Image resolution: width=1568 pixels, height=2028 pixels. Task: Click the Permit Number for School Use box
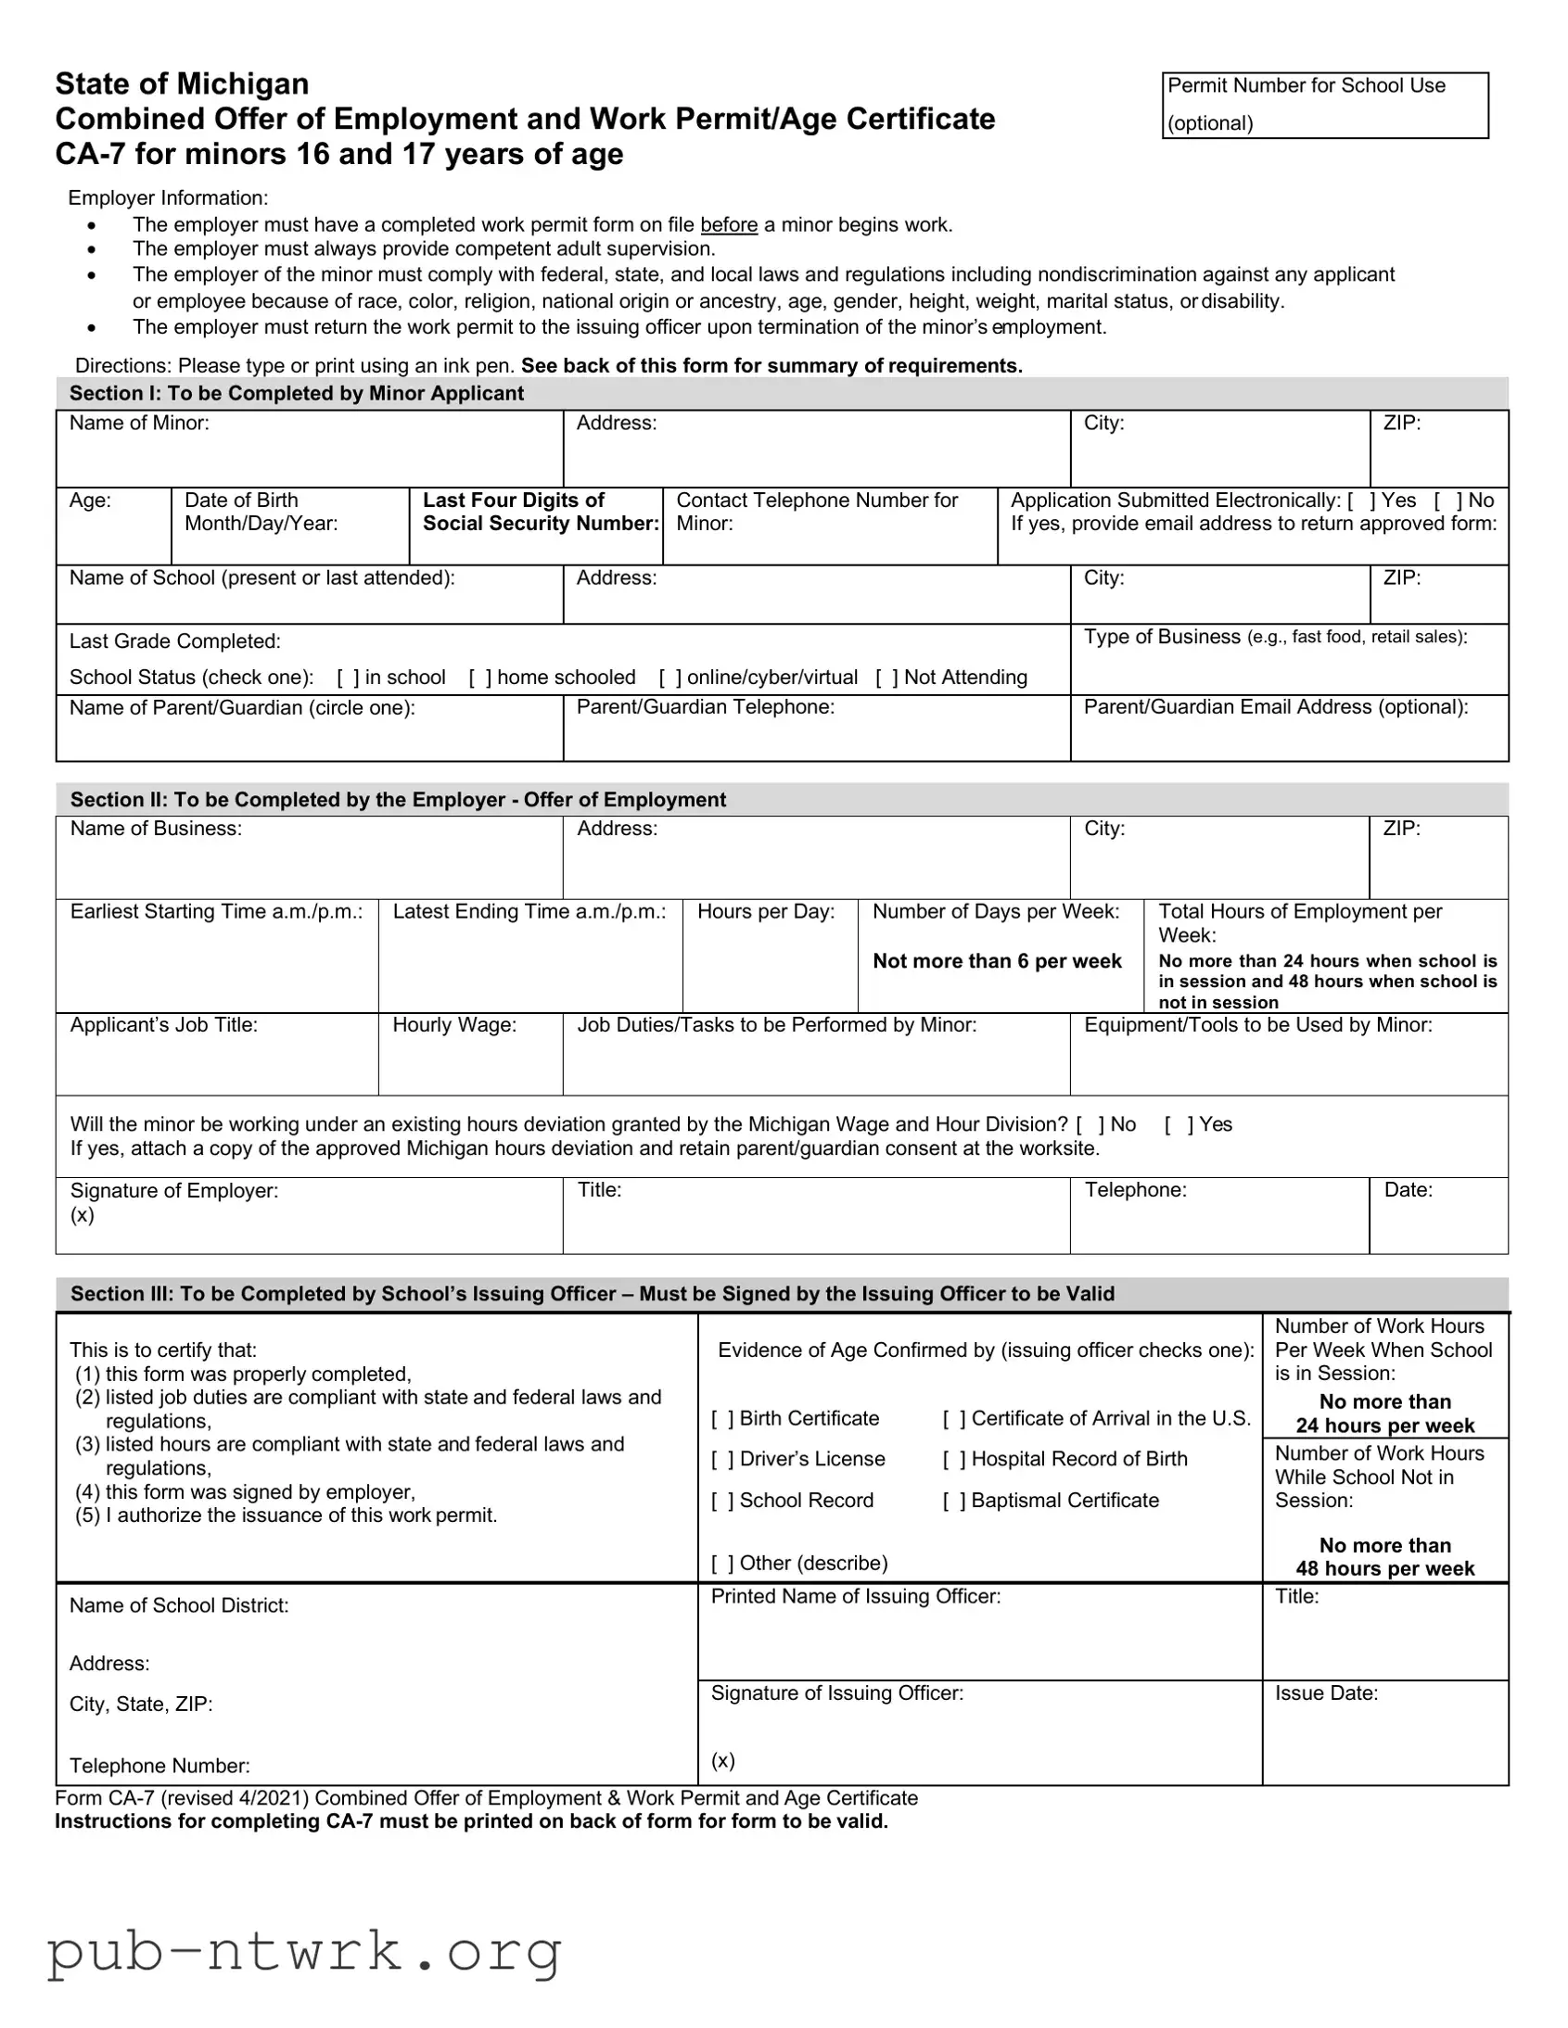click(x=1325, y=105)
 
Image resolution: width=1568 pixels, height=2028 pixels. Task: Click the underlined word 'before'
click(x=728, y=224)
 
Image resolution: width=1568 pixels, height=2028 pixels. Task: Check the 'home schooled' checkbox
click(x=480, y=678)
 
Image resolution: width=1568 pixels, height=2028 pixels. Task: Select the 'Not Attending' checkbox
click(x=887, y=678)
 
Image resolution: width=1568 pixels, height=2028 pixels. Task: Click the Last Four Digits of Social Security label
click(x=540, y=512)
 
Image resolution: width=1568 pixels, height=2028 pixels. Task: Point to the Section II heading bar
click(x=781, y=800)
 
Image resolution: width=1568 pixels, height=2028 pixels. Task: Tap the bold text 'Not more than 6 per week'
click(x=997, y=961)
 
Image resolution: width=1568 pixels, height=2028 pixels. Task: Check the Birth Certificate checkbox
click(x=722, y=1419)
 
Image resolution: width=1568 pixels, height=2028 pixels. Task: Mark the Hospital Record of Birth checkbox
click(x=954, y=1460)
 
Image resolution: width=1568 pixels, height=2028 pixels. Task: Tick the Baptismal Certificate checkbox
click(x=954, y=1501)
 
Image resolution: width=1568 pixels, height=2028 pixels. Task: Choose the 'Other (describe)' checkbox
click(x=722, y=1564)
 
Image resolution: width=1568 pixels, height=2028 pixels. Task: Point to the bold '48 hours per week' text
click(x=1384, y=1568)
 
